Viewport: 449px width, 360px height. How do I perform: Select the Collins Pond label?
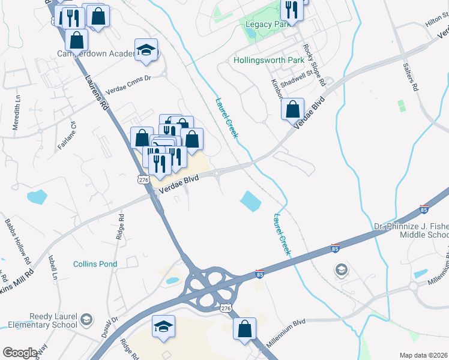pyautogui.click(x=95, y=264)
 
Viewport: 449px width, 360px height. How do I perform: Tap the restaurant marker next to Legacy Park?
pyautogui.click(x=292, y=10)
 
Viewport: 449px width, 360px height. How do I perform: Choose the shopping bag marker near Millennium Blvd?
pyautogui.click(x=244, y=329)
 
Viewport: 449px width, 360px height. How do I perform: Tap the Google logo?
pyautogui.click(x=20, y=353)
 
